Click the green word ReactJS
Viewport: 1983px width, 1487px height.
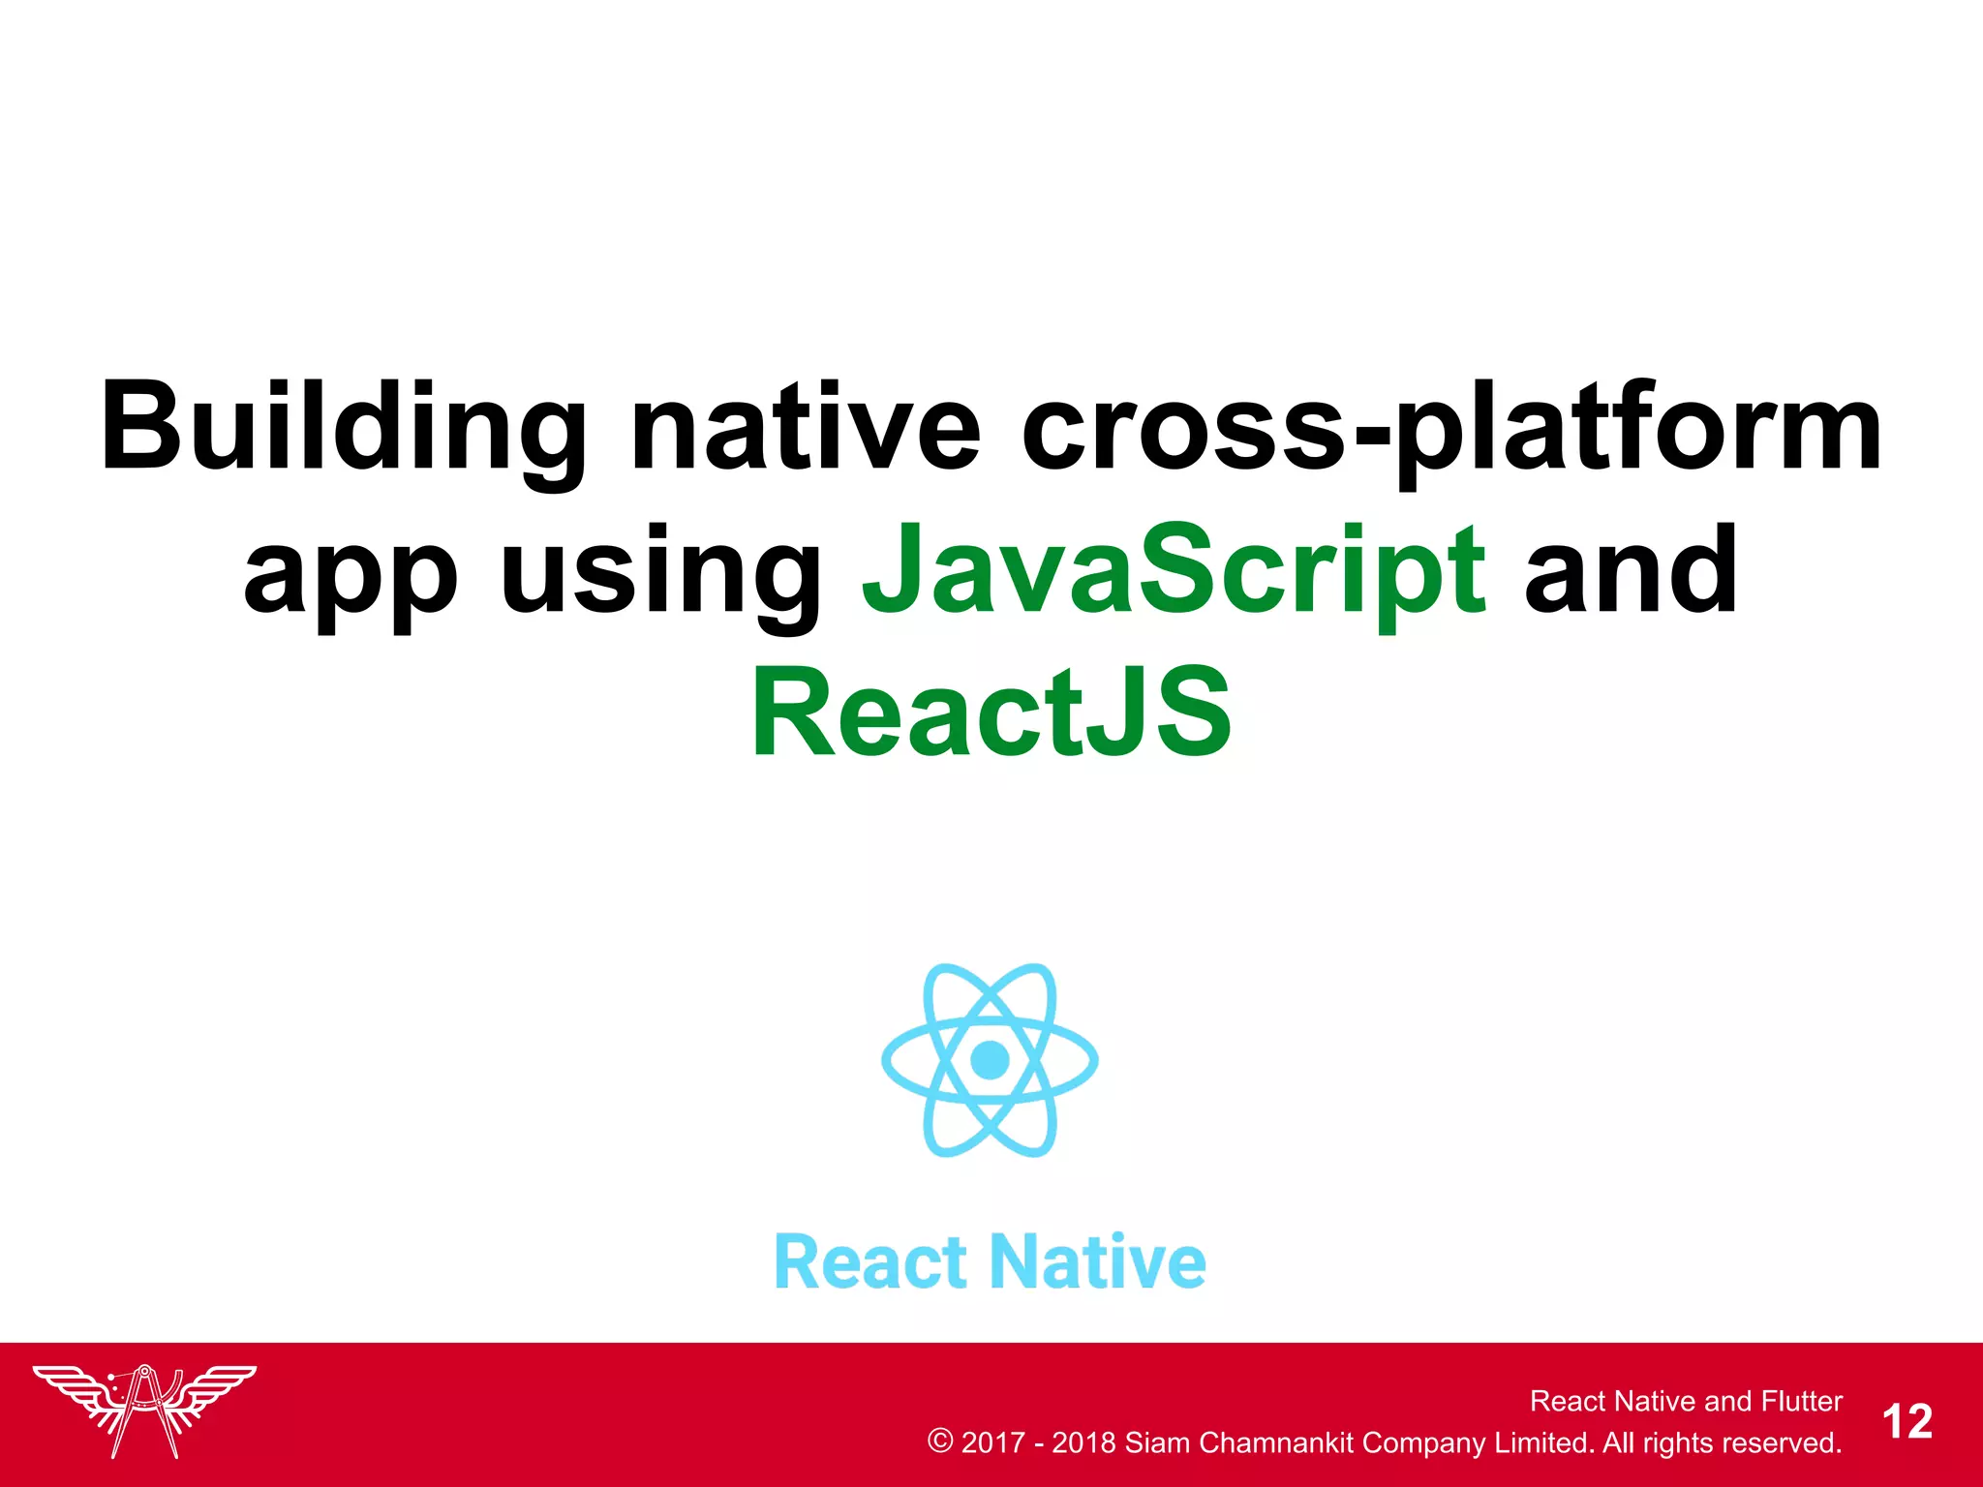(991, 713)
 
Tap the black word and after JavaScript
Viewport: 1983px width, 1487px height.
(1631, 571)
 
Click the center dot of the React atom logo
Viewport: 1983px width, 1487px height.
(990, 1059)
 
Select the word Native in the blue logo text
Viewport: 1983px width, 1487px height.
(1099, 1262)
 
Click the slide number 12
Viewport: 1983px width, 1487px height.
(1907, 1422)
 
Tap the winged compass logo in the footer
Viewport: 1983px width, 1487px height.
(144, 1410)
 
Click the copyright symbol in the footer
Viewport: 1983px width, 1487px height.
(939, 1441)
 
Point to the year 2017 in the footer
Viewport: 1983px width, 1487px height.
(992, 1442)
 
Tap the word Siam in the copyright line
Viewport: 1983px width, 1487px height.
(1156, 1442)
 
